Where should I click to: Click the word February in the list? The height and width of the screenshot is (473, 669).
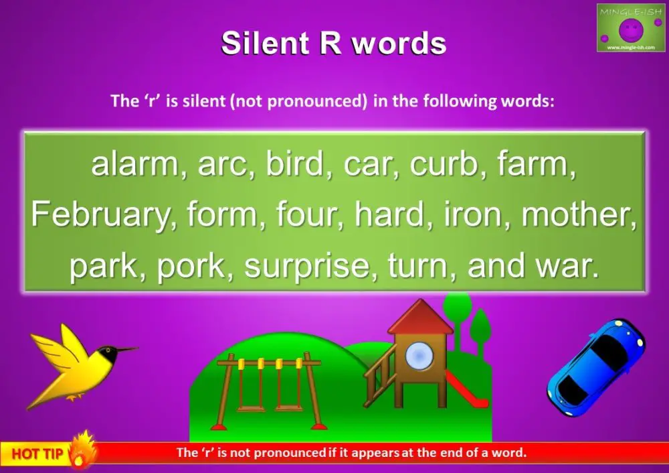coord(101,215)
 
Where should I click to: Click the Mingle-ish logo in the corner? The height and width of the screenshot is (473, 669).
coord(631,27)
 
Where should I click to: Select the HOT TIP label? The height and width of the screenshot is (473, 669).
coord(37,454)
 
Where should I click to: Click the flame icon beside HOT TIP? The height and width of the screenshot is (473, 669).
coord(81,449)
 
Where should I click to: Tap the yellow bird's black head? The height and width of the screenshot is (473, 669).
coord(108,354)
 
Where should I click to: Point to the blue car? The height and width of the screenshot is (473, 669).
coord(596,367)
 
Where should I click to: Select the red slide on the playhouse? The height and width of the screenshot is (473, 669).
coord(466,389)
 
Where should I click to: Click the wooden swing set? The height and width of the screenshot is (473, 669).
coord(268,391)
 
